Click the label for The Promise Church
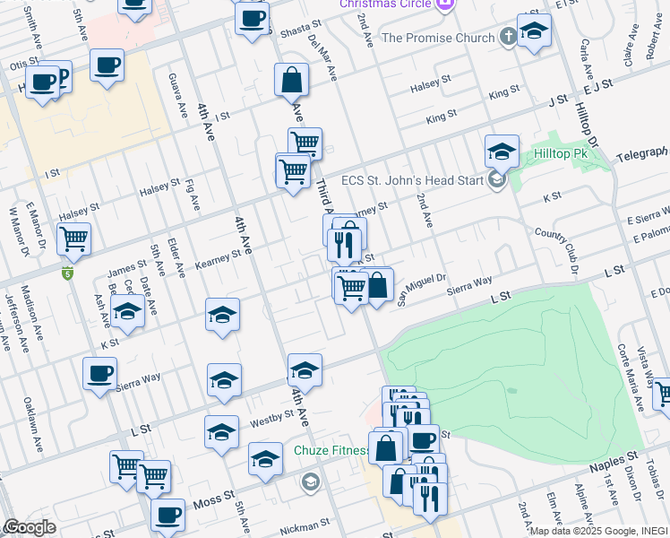click(x=438, y=38)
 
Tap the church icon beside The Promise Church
click(x=509, y=38)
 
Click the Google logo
click(x=30, y=527)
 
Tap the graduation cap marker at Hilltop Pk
click(x=502, y=150)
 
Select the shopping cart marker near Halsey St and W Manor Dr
click(x=73, y=239)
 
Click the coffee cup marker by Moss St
click(x=167, y=515)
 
